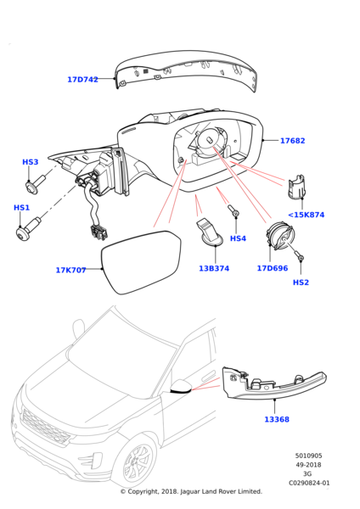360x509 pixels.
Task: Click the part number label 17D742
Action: pos(82,80)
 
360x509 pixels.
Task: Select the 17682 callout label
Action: pos(292,141)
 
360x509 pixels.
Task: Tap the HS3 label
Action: pos(31,162)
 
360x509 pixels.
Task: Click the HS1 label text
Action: pos(21,208)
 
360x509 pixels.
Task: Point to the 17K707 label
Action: pos(70,270)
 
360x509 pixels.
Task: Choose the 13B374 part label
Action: pos(214,268)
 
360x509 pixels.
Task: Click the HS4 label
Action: pos(238,238)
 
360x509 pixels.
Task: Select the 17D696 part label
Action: pos(273,268)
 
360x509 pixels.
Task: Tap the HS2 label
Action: pos(301,282)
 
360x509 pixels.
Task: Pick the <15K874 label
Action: pos(306,215)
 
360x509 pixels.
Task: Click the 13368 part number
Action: pos(277,419)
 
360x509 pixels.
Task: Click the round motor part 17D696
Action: pos(279,236)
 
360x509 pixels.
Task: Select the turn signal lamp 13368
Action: pos(273,385)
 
